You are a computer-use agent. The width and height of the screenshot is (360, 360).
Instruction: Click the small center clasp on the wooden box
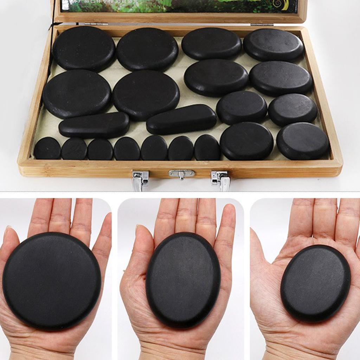click(181, 174)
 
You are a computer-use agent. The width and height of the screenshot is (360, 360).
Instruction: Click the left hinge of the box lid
click(91, 24)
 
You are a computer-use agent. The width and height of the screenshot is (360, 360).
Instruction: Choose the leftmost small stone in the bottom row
click(47, 149)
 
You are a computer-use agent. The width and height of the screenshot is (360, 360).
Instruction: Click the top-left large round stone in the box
click(84, 48)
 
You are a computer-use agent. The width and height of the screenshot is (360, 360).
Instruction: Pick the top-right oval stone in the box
click(273, 45)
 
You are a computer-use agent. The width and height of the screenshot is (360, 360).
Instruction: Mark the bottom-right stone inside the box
click(302, 141)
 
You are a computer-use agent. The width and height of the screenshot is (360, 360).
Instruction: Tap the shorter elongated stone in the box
click(94, 125)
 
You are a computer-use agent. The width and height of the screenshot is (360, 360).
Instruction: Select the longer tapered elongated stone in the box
click(181, 119)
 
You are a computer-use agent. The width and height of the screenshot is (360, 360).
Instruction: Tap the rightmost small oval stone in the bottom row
click(207, 148)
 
